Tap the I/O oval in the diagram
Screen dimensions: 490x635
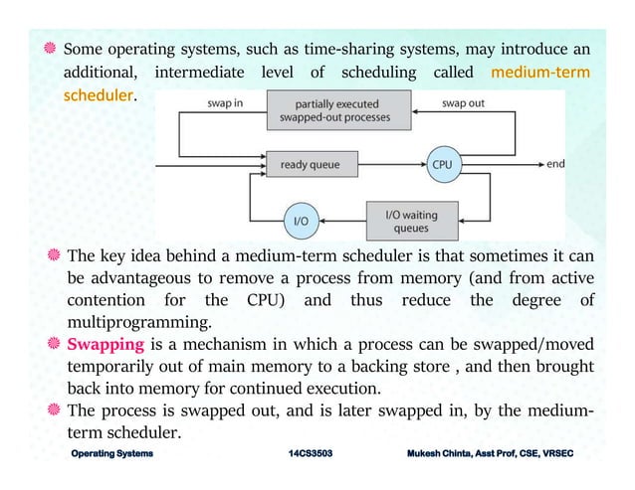pyautogui.click(x=300, y=221)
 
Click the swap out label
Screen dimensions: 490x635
pyautogui.click(x=465, y=102)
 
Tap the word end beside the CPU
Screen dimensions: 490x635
pyautogui.click(x=554, y=163)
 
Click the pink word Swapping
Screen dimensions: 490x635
pyautogui.click(x=106, y=345)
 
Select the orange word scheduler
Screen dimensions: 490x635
pyautogui.click(x=98, y=97)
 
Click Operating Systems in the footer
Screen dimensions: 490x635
pyautogui.click(x=111, y=453)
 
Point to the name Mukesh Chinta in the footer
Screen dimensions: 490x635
pyautogui.click(x=446, y=453)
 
